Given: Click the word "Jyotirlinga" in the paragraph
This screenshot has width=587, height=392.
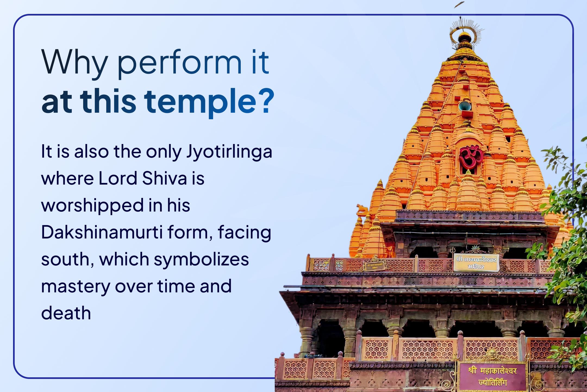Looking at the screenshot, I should pos(229,152).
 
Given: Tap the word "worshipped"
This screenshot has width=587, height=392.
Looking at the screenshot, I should pos(92,206).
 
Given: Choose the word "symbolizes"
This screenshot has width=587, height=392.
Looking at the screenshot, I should pos(201,259).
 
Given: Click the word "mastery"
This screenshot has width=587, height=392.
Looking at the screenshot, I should pos(75,286).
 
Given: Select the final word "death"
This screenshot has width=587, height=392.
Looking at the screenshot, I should pos(66,313).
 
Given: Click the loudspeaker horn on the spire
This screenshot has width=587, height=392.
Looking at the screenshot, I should pos(464,106).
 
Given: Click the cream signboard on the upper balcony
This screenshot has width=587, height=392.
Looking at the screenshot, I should pos(476,262).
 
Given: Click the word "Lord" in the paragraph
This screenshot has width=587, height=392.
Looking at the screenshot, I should pos(118,179).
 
